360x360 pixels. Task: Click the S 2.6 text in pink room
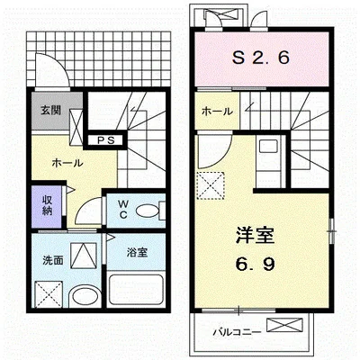pyautogui.click(x=261, y=59)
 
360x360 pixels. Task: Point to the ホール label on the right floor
pyautogui.click(x=217, y=111)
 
